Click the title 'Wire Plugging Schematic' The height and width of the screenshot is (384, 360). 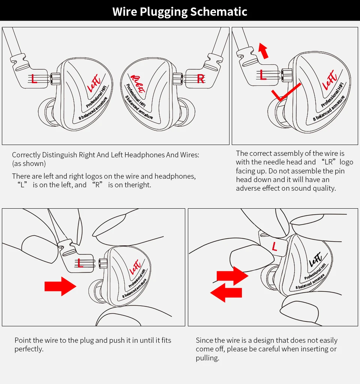pos(180,11)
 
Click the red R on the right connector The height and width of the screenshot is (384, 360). pos(201,79)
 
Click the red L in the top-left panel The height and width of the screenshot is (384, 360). pos(34,79)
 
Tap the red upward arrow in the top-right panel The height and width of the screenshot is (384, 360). pos(264,51)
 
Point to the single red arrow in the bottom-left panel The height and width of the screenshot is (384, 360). pos(60,286)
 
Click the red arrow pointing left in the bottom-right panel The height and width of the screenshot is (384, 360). pos(226,293)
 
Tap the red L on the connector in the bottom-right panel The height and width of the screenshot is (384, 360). pos(274,247)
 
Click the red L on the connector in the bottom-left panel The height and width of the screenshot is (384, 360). pos(80,263)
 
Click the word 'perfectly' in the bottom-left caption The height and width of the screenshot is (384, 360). pos(28,349)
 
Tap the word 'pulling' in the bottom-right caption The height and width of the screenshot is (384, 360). pos(207,358)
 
